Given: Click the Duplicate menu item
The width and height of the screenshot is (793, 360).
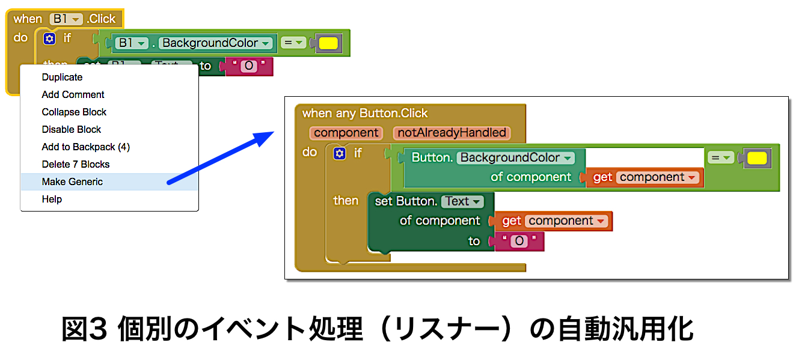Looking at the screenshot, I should click(x=62, y=77).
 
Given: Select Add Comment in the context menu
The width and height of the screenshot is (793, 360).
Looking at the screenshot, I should click(x=73, y=94).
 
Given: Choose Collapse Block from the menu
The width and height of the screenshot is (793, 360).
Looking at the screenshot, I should click(x=74, y=112).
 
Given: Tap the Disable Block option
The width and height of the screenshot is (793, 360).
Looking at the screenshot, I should click(x=71, y=129).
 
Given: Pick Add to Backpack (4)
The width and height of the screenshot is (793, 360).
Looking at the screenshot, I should click(x=85, y=147).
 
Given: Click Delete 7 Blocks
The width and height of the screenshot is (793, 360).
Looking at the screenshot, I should click(x=75, y=164).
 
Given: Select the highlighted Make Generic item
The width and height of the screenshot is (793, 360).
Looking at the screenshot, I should click(x=72, y=182).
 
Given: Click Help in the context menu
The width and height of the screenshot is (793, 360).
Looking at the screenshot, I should click(x=52, y=199).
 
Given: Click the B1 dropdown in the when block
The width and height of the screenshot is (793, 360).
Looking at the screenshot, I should click(x=66, y=19).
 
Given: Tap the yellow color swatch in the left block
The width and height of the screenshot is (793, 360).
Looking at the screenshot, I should click(x=328, y=43).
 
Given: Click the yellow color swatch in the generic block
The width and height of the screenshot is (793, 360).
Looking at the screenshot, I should click(x=757, y=158).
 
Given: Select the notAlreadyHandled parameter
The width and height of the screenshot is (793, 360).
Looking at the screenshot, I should click(x=452, y=133).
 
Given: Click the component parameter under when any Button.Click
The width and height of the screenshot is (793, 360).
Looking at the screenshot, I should click(x=346, y=133).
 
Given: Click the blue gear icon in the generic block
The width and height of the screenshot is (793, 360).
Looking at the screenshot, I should click(x=340, y=154).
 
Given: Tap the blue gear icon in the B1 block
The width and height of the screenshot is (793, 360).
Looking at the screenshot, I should click(x=49, y=38).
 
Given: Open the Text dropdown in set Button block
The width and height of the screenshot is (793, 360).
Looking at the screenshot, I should click(x=462, y=201).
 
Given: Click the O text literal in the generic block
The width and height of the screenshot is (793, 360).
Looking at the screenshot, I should click(x=518, y=242).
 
